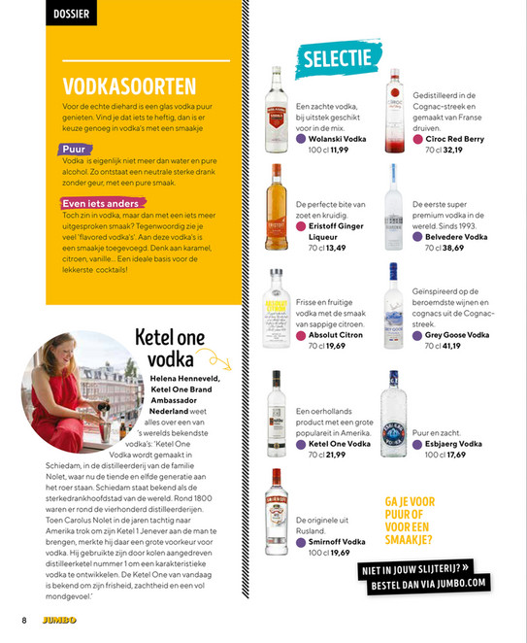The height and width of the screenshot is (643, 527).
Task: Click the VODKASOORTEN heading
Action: click(129, 86)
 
